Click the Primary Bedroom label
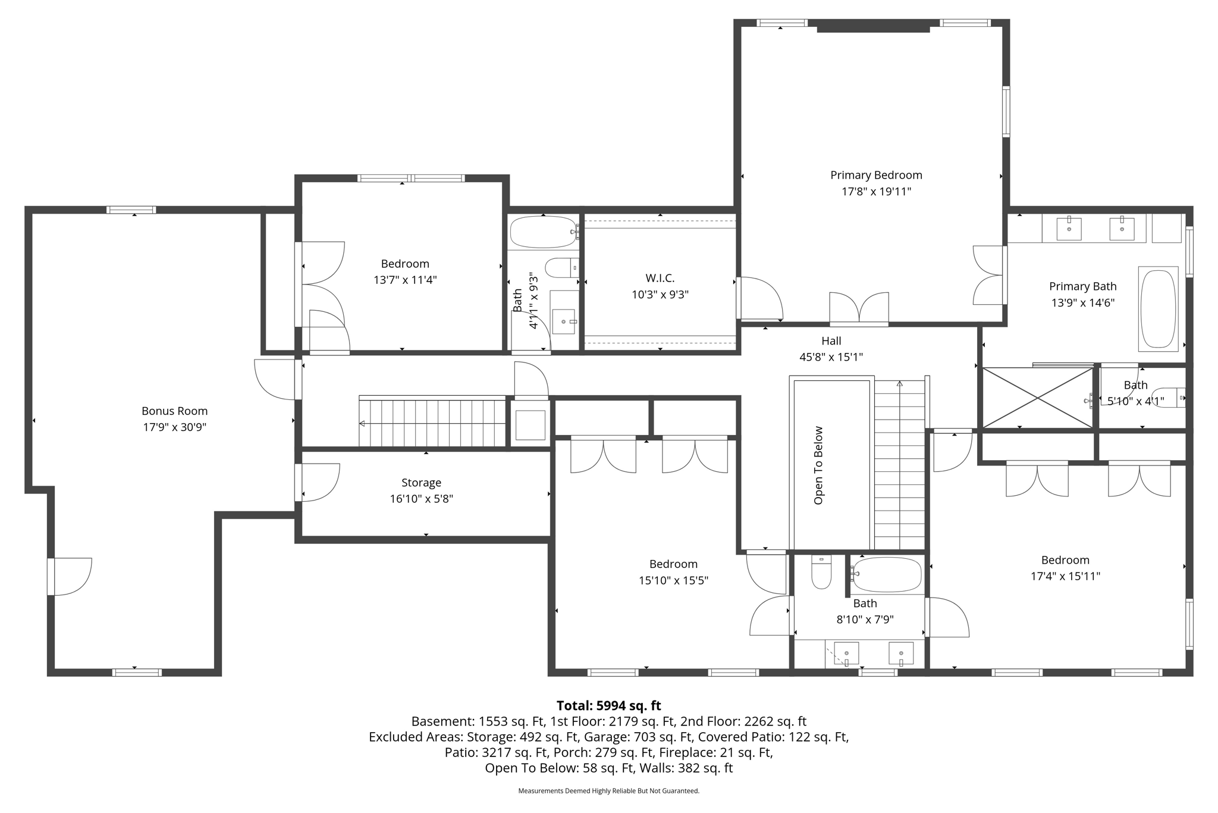[x=876, y=175]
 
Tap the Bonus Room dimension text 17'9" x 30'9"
[x=175, y=427]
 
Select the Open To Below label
[x=818, y=465]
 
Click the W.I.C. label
[x=660, y=278]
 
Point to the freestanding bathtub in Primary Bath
[x=1158, y=309]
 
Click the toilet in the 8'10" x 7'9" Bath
[x=821, y=572]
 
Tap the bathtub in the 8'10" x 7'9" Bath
[x=886, y=575]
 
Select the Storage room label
[x=421, y=483]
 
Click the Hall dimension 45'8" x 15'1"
[x=831, y=357]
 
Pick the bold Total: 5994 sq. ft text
[x=609, y=706]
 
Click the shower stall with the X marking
[x=1038, y=398]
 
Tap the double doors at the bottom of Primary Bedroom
[x=859, y=308]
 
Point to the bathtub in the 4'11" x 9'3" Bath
[x=543, y=232]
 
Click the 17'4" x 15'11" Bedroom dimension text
[x=1065, y=576]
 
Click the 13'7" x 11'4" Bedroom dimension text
[x=405, y=280]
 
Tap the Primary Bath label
[x=1083, y=286]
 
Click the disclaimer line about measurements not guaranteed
[x=609, y=791]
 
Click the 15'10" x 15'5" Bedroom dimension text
[x=674, y=580]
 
